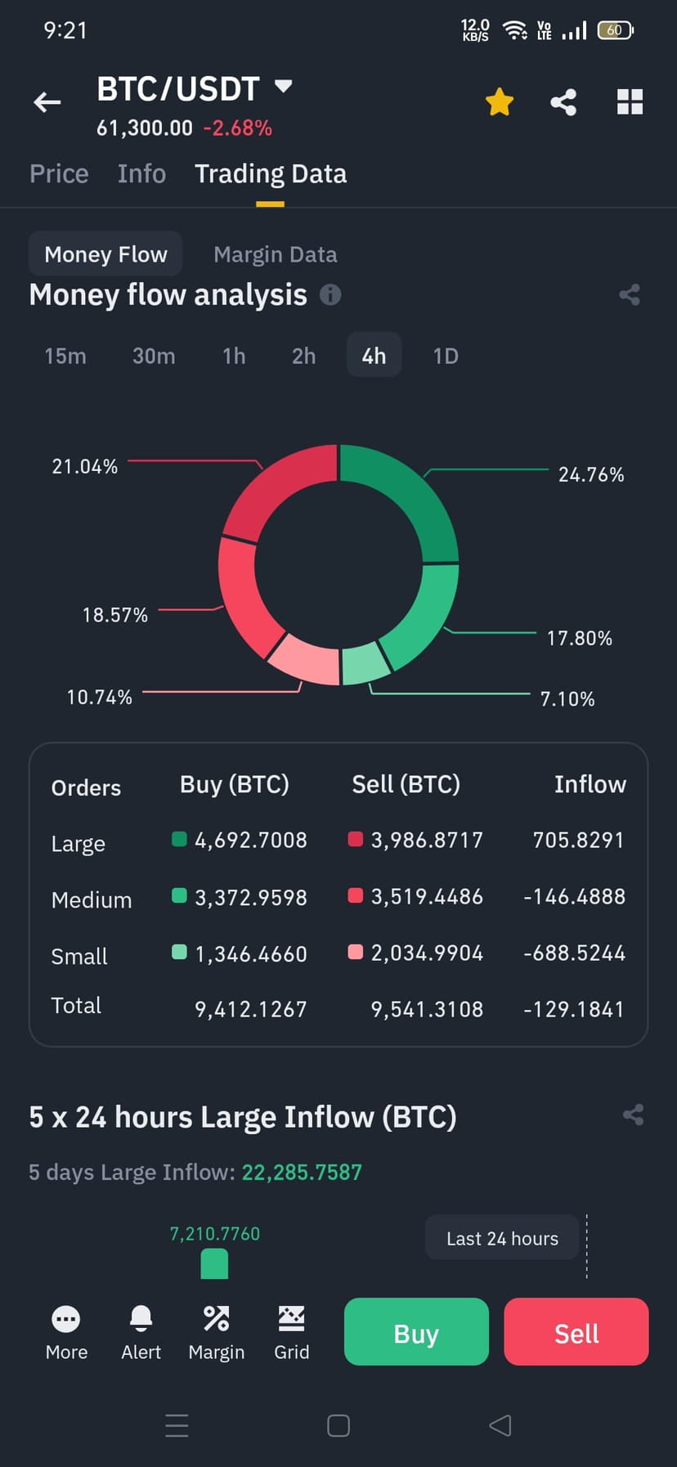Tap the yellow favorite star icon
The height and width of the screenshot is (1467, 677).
point(499,102)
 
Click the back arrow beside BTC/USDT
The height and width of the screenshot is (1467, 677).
point(47,102)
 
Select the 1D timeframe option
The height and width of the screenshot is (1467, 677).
point(446,356)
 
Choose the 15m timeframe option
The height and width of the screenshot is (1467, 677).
point(65,356)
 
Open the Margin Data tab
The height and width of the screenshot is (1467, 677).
point(275,254)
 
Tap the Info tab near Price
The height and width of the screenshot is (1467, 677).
point(141,173)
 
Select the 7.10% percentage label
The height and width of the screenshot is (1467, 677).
point(567,699)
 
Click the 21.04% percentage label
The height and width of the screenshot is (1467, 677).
point(85,466)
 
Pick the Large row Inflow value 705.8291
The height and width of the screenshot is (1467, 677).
point(578,840)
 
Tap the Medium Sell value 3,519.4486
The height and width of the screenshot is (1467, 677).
point(426,896)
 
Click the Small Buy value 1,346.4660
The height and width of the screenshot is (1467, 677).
point(250,953)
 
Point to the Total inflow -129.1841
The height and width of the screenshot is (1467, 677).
point(574,1009)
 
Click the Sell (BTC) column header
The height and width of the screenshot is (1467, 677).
point(406,784)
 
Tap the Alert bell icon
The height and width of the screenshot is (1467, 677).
point(141,1318)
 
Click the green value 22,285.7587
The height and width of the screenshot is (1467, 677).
point(302,1172)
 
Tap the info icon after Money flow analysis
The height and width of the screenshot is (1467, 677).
point(330,294)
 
